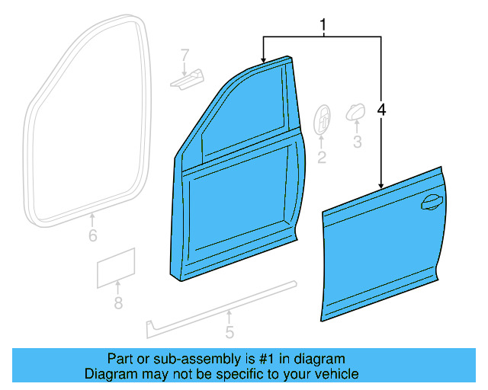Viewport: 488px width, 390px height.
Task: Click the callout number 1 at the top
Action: click(x=323, y=25)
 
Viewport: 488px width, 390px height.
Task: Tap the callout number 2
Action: click(x=322, y=158)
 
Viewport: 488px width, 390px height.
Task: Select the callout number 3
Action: click(x=357, y=142)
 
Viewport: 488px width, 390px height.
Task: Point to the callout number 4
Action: click(x=381, y=110)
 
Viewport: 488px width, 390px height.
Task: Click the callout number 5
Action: click(x=230, y=332)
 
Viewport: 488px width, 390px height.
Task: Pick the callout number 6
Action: click(x=92, y=236)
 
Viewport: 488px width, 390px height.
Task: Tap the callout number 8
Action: click(x=117, y=304)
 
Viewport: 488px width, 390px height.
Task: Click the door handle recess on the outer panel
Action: click(x=431, y=202)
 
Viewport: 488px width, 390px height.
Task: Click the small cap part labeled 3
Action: click(x=355, y=113)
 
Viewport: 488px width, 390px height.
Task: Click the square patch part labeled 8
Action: click(x=116, y=267)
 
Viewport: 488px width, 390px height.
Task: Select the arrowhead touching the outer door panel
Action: click(x=380, y=185)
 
